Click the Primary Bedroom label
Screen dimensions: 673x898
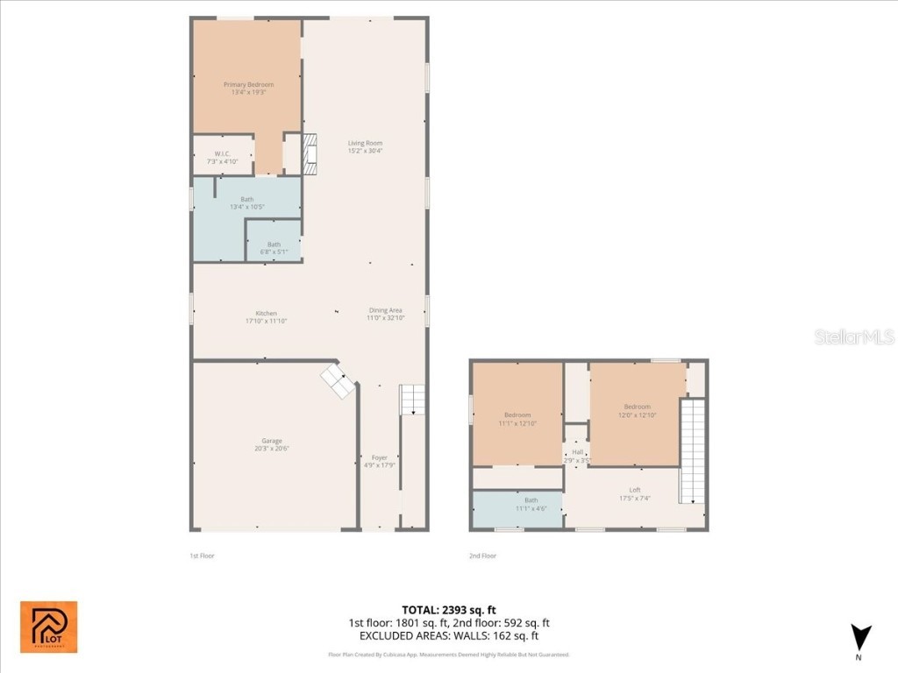coord(248,89)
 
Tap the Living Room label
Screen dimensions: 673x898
coord(365,146)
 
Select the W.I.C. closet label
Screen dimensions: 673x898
coord(222,158)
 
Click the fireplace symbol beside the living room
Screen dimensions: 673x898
coord(309,152)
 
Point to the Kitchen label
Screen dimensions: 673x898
coord(266,317)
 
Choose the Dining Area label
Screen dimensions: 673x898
coord(385,314)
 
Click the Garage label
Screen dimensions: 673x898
coord(272,444)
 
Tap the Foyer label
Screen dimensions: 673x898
coord(380,461)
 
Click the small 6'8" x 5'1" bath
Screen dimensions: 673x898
coord(274,248)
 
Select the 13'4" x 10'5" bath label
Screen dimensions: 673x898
coord(246,202)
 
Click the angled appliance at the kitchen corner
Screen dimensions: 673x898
coord(339,381)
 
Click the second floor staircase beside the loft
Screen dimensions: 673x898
coord(693,450)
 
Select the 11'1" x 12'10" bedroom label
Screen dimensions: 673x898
coord(517,419)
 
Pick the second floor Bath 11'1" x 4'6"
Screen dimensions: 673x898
coord(518,504)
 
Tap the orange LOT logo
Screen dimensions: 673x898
coord(49,627)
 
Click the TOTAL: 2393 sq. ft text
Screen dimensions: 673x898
coord(448,609)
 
